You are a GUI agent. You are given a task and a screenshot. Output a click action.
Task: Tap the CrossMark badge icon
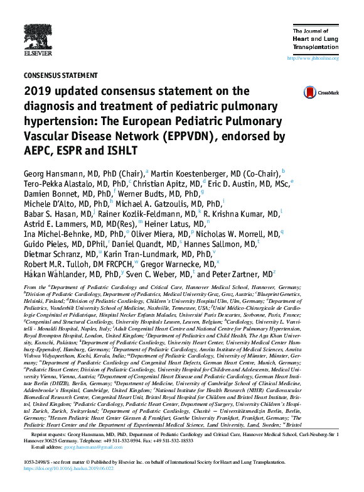coord(309,92)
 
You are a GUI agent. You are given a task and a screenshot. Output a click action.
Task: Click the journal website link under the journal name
coord(313,58)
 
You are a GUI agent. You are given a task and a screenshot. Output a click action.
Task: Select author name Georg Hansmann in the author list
coord(51,172)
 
